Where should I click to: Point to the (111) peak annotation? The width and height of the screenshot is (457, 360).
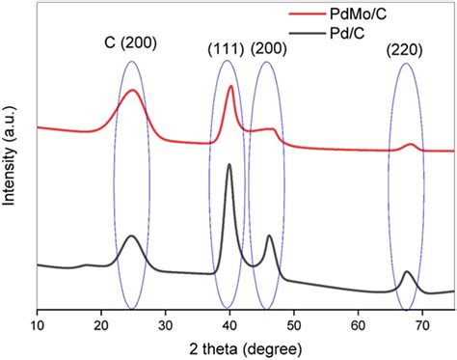[x=228, y=48]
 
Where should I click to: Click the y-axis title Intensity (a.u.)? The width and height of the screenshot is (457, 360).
[x=11, y=161]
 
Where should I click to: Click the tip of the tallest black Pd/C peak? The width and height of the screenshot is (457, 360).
[x=229, y=165]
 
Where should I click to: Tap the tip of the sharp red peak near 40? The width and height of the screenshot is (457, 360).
[x=230, y=86]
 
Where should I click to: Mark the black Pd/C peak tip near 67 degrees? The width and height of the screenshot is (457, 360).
[x=406, y=273]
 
